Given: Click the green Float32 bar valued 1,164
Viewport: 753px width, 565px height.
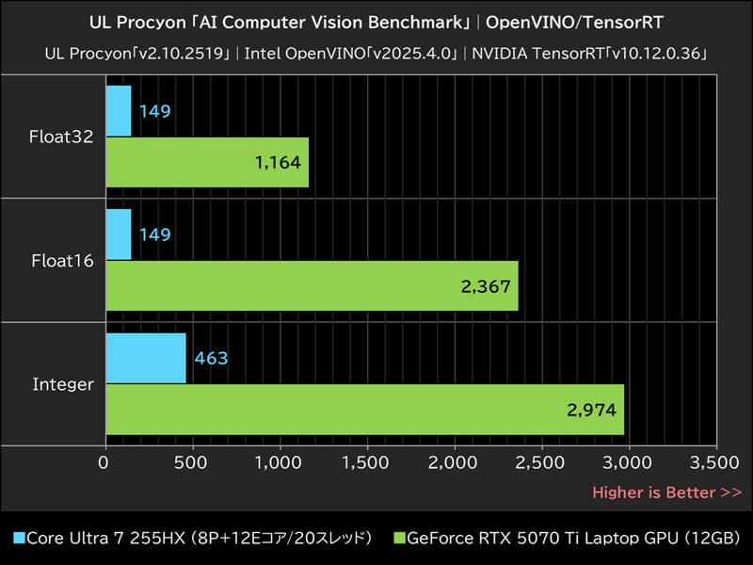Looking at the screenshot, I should (x=207, y=162).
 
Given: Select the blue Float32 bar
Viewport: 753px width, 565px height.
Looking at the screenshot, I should (x=119, y=111).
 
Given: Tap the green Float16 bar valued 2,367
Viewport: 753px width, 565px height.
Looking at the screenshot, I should (x=312, y=286).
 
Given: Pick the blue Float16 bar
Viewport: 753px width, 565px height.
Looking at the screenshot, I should (x=119, y=234).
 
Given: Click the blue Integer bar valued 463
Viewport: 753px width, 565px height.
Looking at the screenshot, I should (x=146, y=358).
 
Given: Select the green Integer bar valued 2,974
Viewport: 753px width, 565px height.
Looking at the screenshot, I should (x=364, y=410).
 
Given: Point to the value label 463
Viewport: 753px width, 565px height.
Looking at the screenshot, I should (x=211, y=359).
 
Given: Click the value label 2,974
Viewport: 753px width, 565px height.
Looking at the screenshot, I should (x=592, y=410).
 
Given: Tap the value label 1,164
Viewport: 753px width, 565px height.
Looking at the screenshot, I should (x=278, y=163).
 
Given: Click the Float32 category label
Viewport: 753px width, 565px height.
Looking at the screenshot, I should (x=62, y=137).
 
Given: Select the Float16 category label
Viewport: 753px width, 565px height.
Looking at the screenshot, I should (x=62, y=261).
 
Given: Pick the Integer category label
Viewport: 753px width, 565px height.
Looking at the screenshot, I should (x=63, y=384).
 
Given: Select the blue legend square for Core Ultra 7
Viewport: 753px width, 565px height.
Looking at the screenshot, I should (x=19, y=539).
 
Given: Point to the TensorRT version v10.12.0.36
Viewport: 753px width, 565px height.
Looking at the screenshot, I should (x=651, y=53).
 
